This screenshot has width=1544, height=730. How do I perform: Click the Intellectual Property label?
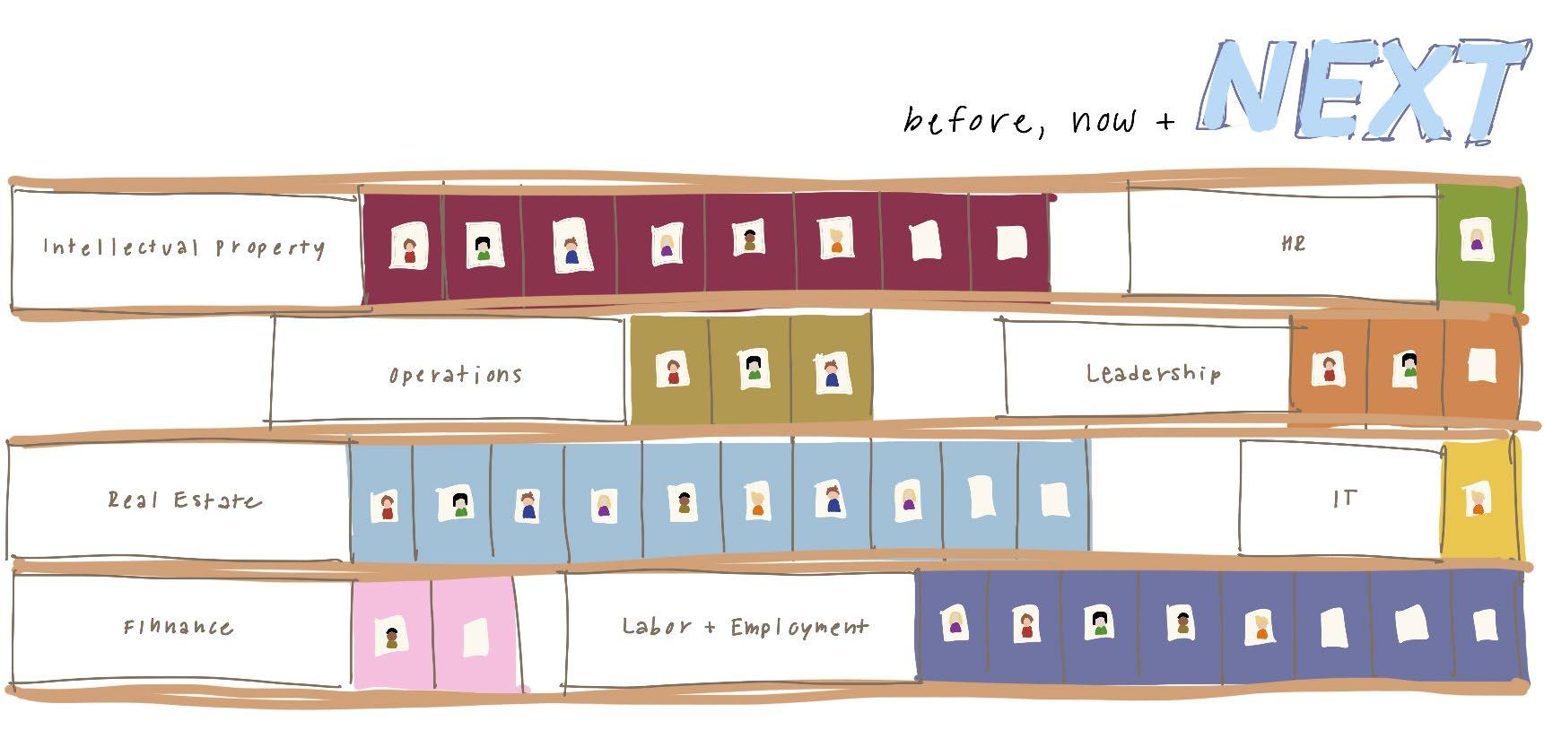[x=184, y=247]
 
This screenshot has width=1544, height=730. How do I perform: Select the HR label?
[x=1294, y=243]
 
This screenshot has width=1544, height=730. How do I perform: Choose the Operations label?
[x=456, y=374]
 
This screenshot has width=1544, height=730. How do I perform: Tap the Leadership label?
[x=1153, y=372]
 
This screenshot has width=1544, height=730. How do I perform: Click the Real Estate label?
[x=184, y=500]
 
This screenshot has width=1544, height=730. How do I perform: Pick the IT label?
[x=1344, y=499]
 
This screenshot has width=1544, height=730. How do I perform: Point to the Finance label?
[x=179, y=626]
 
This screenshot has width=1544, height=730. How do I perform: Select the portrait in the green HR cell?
[x=1477, y=241]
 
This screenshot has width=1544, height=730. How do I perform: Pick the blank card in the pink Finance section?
[x=475, y=637]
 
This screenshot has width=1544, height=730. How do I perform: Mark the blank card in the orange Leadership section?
[x=1481, y=364]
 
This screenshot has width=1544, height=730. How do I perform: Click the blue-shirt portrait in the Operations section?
[x=832, y=372]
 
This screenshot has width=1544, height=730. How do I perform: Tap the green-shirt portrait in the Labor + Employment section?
[x=1100, y=622]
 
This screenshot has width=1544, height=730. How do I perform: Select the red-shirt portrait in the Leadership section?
[x=1328, y=368]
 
